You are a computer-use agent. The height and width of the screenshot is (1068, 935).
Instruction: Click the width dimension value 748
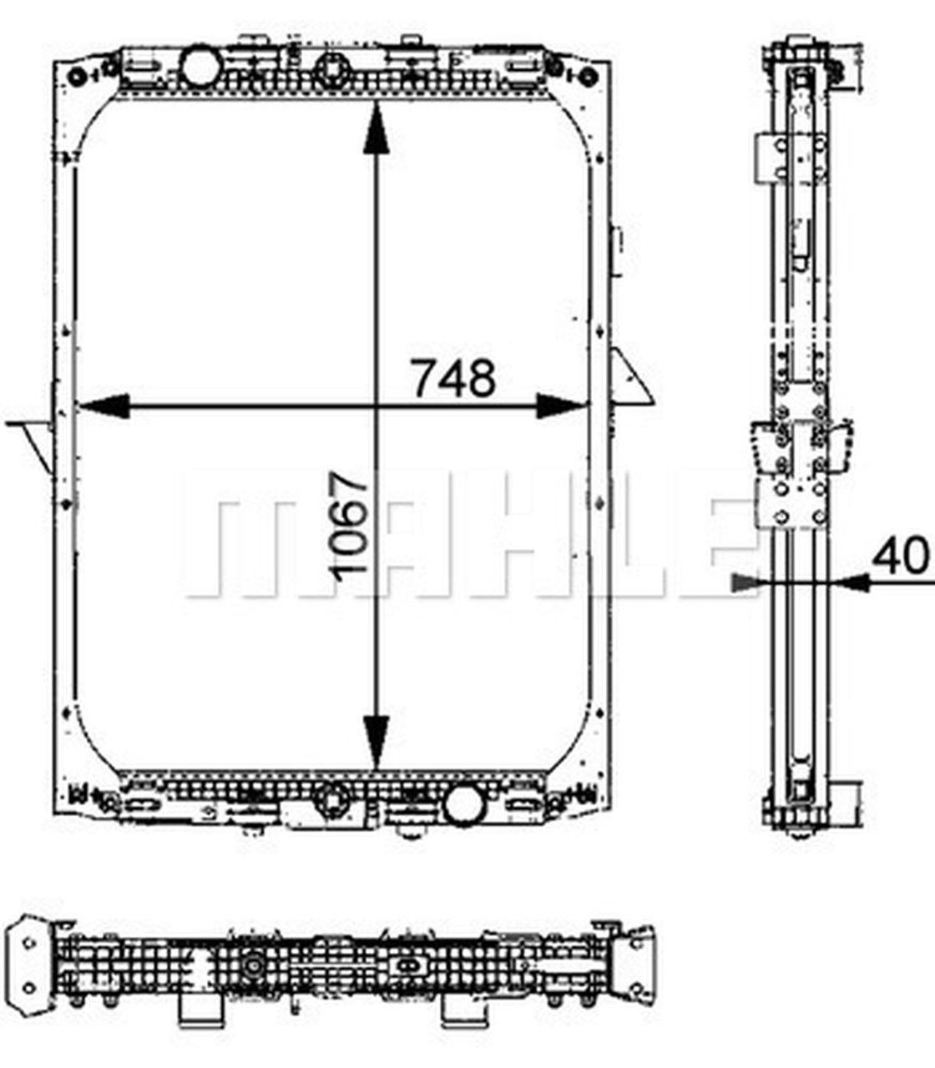click(x=454, y=377)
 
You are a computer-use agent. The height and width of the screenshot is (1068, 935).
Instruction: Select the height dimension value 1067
click(x=349, y=524)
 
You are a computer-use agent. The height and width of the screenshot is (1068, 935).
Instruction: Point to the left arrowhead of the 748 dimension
click(x=104, y=406)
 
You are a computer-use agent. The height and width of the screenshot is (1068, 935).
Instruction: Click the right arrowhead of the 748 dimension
click(x=562, y=406)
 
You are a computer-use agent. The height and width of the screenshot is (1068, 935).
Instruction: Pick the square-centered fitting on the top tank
click(x=334, y=66)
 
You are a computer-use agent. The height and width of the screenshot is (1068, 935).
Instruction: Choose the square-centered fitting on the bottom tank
click(x=334, y=804)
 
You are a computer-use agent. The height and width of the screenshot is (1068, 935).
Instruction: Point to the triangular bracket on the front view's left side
click(x=33, y=438)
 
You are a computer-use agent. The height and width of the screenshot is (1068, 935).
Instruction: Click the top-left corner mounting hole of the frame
click(x=77, y=78)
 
